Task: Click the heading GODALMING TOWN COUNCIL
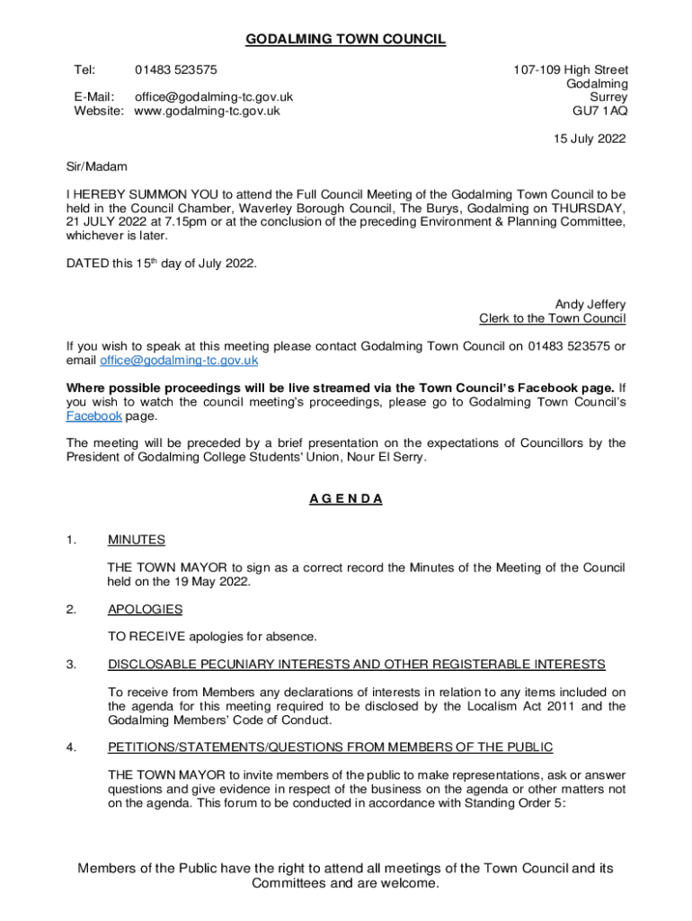pyautogui.click(x=346, y=39)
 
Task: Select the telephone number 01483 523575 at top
pyautogui.click(x=175, y=69)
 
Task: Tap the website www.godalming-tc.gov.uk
pyautogui.click(x=207, y=111)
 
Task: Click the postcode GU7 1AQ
pyautogui.click(x=600, y=111)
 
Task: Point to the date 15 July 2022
pyautogui.click(x=590, y=139)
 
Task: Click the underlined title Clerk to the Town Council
pyautogui.click(x=553, y=318)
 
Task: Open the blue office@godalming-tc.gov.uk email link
pyautogui.click(x=179, y=360)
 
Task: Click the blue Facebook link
pyautogui.click(x=94, y=416)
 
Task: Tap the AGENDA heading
pyautogui.click(x=346, y=498)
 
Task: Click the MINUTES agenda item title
pyautogui.click(x=136, y=540)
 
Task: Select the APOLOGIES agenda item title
pyautogui.click(x=145, y=609)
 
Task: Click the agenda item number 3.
pyautogui.click(x=70, y=665)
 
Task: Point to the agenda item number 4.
pyautogui.click(x=70, y=747)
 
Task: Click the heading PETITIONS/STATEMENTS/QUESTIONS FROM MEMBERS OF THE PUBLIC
pyautogui.click(x=330, y=747)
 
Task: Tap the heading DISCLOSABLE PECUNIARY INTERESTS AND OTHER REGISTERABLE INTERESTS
pyautogui.click(x=356, y=665)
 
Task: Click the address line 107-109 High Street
pyautogui.click(x=571, y=69)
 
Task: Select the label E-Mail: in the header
pyautogui.click(x=93, y=97)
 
